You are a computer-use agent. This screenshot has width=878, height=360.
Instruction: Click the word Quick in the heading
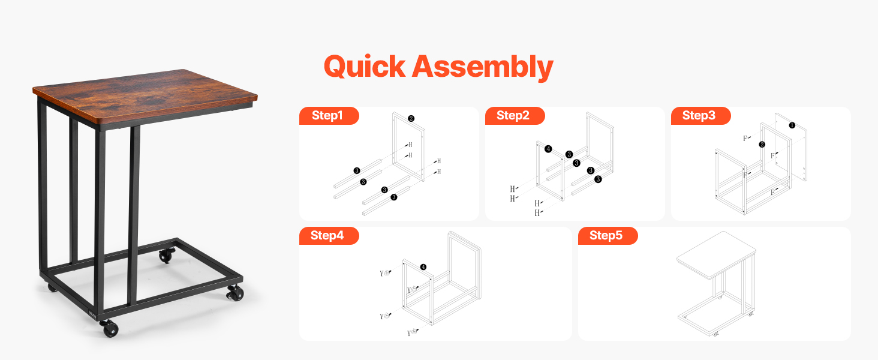pos(365,67)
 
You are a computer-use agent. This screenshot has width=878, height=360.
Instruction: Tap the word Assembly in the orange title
pos(483,67)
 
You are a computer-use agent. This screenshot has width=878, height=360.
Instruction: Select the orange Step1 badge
pos(329,116)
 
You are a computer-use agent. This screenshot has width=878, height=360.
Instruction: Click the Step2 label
pos(515,116)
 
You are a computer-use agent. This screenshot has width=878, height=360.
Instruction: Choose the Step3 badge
pos(700,116)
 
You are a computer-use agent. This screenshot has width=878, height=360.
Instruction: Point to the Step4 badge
pos(329,236)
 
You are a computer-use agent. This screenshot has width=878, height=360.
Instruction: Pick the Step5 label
pos(608,236)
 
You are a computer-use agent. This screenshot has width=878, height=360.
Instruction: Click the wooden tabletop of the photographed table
pos(145,96)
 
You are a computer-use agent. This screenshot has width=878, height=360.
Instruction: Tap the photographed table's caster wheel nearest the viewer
pos(109,328)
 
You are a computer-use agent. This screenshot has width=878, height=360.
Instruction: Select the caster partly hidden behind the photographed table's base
pos(52,288)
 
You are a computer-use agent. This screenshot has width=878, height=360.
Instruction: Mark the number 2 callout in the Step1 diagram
pos(411,118)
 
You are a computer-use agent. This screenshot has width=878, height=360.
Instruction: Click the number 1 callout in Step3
pos(792,125)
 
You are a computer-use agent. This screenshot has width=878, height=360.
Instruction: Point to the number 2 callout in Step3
pos(762,145)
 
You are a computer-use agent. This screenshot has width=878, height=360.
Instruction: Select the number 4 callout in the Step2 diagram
pos(548,149)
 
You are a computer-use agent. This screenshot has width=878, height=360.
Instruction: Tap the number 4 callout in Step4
pos(423,267)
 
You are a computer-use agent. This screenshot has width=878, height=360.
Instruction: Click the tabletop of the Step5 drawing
pos(717,254)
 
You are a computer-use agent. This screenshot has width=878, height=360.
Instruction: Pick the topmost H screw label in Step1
pos(410,145)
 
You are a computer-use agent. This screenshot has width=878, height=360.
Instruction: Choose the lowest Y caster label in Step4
pos(409,334)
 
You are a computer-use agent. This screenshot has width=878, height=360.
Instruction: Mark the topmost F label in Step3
pos(745,139)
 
